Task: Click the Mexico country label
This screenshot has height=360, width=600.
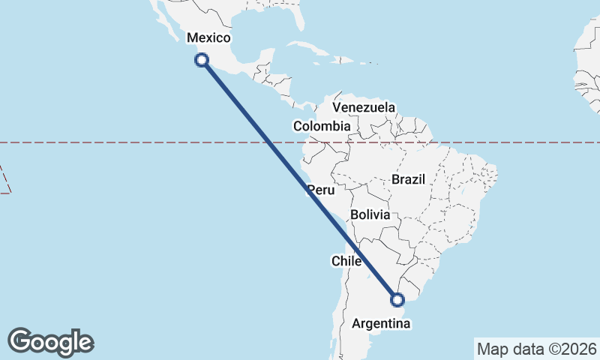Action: [208, 38]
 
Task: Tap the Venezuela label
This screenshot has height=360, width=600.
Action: [364, 108]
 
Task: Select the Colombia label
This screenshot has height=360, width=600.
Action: [322, 126]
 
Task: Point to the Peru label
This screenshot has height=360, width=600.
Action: [319, 190]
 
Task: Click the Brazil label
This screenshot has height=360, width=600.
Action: [408, 179]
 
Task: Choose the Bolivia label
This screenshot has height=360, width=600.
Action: [370, 214]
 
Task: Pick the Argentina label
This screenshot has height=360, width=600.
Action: [381, 324]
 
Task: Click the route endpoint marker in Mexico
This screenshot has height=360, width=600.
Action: [201, 60]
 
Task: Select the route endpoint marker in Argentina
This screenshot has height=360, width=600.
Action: [397, 301]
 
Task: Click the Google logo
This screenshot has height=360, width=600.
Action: [50, 342]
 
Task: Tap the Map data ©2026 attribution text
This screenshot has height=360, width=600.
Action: [537, 349]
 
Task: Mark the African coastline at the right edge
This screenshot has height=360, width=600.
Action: [586, 75]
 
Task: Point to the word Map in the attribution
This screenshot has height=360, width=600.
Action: [492, 349]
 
